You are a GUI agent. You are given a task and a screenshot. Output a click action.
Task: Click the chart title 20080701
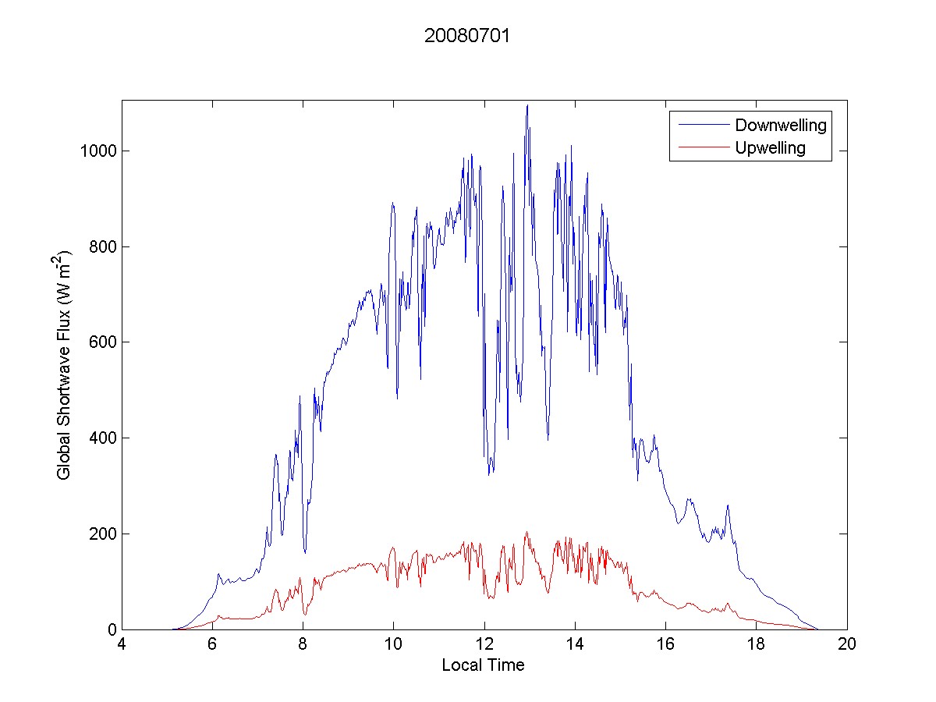tap(467, 36)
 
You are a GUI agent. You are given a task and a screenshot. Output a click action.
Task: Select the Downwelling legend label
tap(780, 125)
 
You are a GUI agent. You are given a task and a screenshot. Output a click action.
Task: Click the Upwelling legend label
tap(770, 148)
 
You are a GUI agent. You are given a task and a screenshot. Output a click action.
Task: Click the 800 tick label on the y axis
tap(101, 246)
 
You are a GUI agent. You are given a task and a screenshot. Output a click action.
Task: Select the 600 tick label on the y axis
tap(101, 342)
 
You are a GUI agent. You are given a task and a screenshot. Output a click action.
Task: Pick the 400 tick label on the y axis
tap(101, 438)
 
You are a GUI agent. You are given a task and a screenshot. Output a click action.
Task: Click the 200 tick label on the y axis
tap(101, 534)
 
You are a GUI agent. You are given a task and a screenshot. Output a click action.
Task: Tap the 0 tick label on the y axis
tap(111, 629)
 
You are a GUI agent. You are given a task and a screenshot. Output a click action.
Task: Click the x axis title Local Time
tap(483, 665)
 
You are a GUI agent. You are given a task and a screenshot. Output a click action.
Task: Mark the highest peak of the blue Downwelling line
tap(527, 105)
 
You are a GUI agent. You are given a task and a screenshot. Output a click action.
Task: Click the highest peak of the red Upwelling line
tap(527, 532)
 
